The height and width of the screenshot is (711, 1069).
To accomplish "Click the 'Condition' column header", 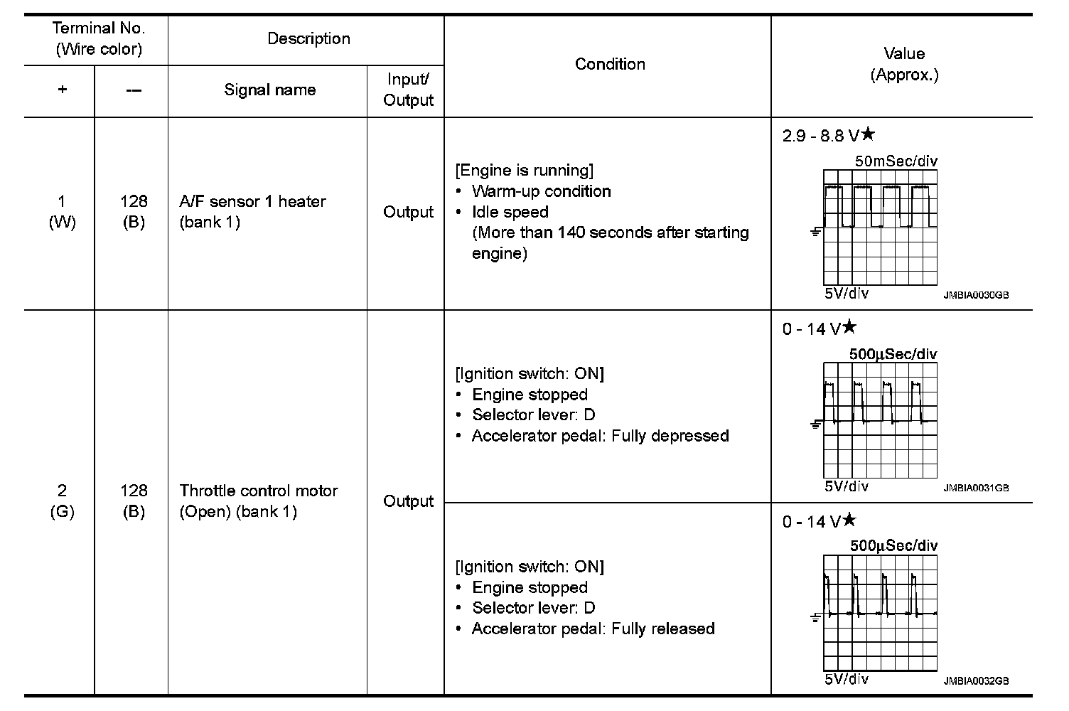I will coord(610,64).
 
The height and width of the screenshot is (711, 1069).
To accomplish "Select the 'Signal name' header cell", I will coord(269,90).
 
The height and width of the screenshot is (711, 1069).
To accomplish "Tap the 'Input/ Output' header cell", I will coord(408,90).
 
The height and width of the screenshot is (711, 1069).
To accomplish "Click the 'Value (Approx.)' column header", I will coord(904,64).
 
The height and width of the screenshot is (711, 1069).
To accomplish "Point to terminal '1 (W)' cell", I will coord(62,212).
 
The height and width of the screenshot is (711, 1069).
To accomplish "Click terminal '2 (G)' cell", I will coord(62,501).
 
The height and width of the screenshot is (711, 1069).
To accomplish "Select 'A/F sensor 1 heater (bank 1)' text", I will coord(252,212).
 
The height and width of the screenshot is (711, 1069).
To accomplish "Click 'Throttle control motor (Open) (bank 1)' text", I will coord(258,501).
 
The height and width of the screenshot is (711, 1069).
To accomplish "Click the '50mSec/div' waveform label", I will coord(896,161).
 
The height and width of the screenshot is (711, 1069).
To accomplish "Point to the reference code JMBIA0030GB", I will coord(976,295).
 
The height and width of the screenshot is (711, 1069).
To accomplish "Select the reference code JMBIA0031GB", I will coord(976,488).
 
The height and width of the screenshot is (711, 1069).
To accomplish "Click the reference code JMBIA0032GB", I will coord(976,681).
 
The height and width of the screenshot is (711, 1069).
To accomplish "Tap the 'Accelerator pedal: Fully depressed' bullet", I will coord(600,436).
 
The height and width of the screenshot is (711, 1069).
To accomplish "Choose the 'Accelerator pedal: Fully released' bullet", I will coord(593,629).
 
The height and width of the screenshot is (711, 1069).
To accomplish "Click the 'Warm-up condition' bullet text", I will coord(541,191).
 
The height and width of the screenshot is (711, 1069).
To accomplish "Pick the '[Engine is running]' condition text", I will coord(524,171).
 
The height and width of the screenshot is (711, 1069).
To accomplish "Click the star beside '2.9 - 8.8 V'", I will coord(868,134).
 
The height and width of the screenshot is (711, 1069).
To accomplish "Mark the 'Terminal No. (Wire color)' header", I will coord(98,39).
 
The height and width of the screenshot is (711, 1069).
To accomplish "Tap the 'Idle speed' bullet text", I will coord(510,212).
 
